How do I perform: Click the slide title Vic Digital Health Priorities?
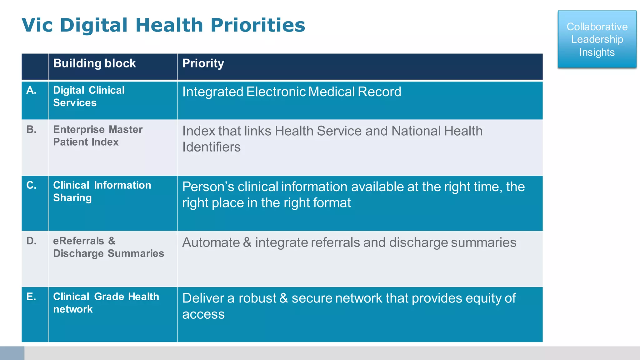pyautogui.click(x=163, y=25)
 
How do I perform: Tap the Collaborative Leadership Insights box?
pyautogui.click(x=597, y=39)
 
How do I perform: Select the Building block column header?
pyautogui.click(x=94, y=63)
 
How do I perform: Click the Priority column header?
pyautogui.click(x=203, y=63)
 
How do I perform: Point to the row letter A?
pyautogui.click(x=31, y=90)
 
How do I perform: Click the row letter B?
pyautogui.click(x=31, y=129)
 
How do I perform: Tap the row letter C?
pyautogui.click(x=31, y=185)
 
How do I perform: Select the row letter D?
pyautogui.click(x=31, y=241)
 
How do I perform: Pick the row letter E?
pyautogui.click(x=31, y=297)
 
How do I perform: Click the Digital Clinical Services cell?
pyautogui.click(x=89, y=97)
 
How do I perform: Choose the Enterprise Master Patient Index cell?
pyautogui.click(x=97, y=136)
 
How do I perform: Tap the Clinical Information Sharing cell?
pyautogui.click(x=102, y=191)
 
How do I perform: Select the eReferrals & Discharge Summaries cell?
pyautogui.click(x=108, y=247)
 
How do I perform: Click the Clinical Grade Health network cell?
pyautogui.click(x=106, y=303)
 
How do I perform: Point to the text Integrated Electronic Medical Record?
pyautogui.click(x=291, y=92)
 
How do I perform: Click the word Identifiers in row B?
pyautogui.click(x=211, y=147)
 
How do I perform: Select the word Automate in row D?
pyautogui.click(x=211, y=242)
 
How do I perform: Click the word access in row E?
pyautogui.click(x=203, y=314)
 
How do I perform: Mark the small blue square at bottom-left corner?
pyautogui.click(x=12, y=353)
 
